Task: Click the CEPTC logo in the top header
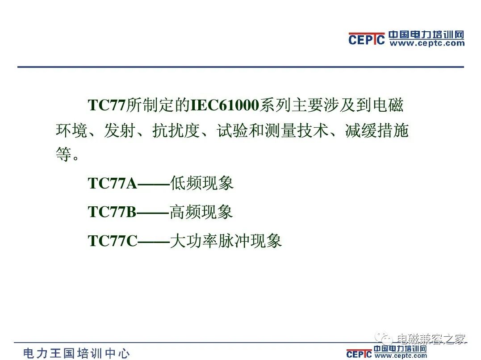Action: click(x=366, y=39)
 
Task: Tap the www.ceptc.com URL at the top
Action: click(x=427, y=43)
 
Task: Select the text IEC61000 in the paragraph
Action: click(x=225, y=105)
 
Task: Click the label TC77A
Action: click(x=112, y=184)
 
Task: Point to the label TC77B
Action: click(x=112, y=212)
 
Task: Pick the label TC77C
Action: click(x=113, y=241)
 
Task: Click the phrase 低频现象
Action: click(x=202, y=183)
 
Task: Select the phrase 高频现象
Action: click(x=201, y=212)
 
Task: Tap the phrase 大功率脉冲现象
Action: click(x=226, y=241)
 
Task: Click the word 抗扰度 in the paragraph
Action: click(x=176, y=130)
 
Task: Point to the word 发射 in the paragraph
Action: click(x=120, y=130)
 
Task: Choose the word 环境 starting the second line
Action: click(x=72, y=130)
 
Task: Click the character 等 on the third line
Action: click(x=64, y=154)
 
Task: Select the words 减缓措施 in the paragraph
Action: click(x=376, y=130)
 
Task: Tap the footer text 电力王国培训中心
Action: click(x=76, y=353)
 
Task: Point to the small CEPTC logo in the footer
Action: click(x=359, y=354)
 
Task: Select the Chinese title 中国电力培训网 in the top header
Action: click(x=427, y=35)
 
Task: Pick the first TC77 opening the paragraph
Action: click(x=107, y=105)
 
